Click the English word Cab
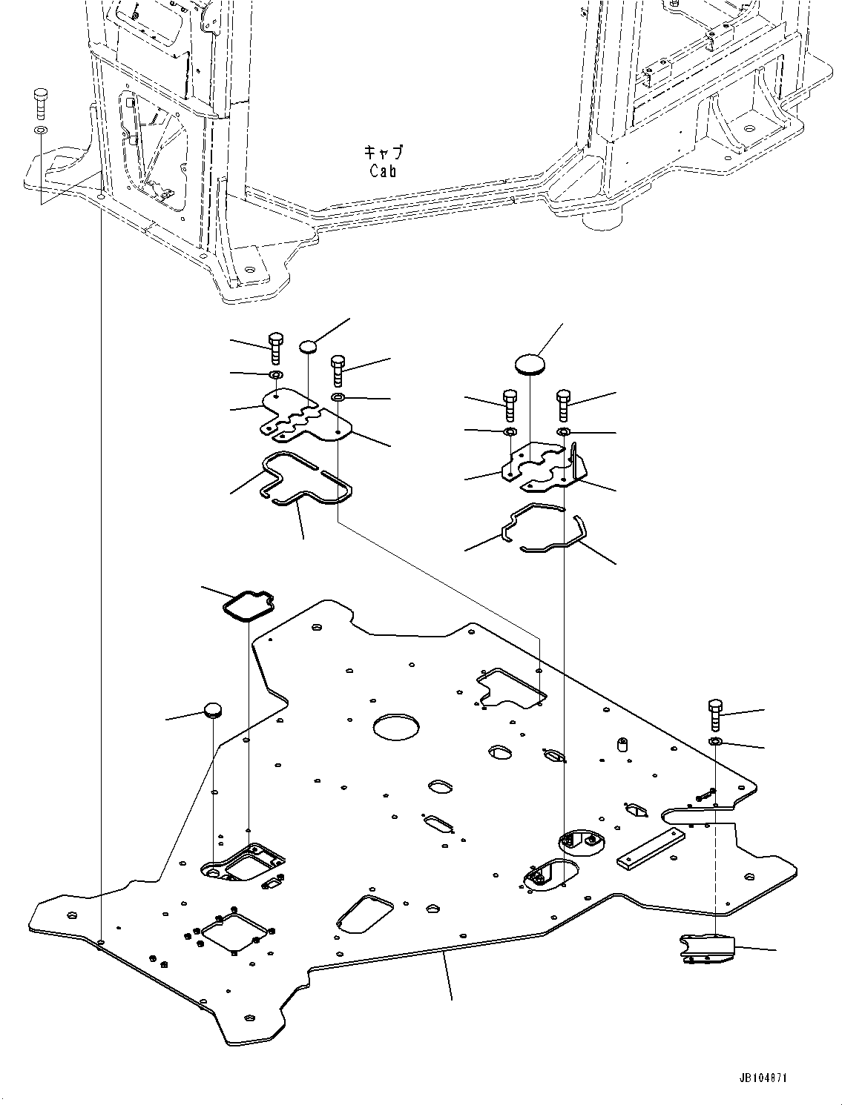pos(383,170)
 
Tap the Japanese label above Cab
pos(383,152)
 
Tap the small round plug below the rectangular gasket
pos(214,711)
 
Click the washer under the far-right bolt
pos(716,743)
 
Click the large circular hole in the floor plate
pos(397,726)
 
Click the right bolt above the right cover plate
pos(563,405)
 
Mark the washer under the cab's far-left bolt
pos(40,130)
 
